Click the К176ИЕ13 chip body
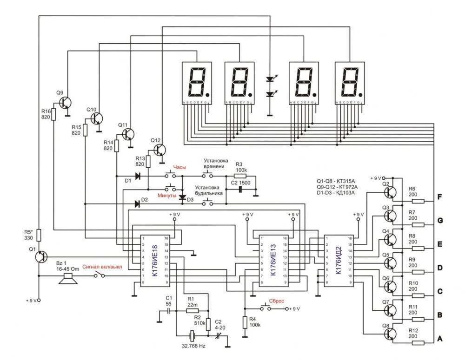[273, 260]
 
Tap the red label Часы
[180, 168]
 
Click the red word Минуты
[167, 196]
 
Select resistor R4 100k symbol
[245, 322]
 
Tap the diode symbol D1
[138, 176]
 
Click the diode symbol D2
[138, 203]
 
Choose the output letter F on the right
[440, 196]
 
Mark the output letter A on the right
[440, 339]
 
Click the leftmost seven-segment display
[196, 83]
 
